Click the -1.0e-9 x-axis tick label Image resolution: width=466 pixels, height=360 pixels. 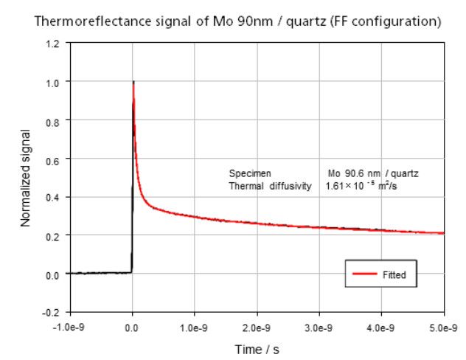point(70,325)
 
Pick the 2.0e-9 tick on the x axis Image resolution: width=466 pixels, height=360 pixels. point(257,325)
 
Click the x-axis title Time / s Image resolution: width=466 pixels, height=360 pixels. point(256,348)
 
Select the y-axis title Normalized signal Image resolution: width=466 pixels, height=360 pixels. point(26,177)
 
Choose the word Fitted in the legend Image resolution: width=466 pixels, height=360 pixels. point(394,275)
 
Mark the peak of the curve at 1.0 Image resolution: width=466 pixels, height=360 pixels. point(133,82)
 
